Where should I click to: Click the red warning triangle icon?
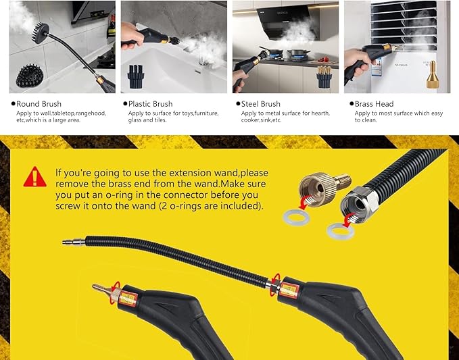click(35, 177)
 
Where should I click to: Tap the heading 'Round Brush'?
click(39, 104)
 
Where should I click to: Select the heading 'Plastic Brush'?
click(151, 104)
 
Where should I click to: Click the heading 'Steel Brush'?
click(260, 104)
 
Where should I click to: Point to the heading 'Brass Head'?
click(374, 104)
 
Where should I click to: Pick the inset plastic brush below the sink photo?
click(136, 76)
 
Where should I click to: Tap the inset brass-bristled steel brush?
click(324, 76)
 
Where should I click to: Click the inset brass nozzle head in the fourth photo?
click(433, 74)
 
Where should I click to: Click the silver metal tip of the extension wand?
click(74, 242)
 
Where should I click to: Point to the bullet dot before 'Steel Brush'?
click(238, 103)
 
